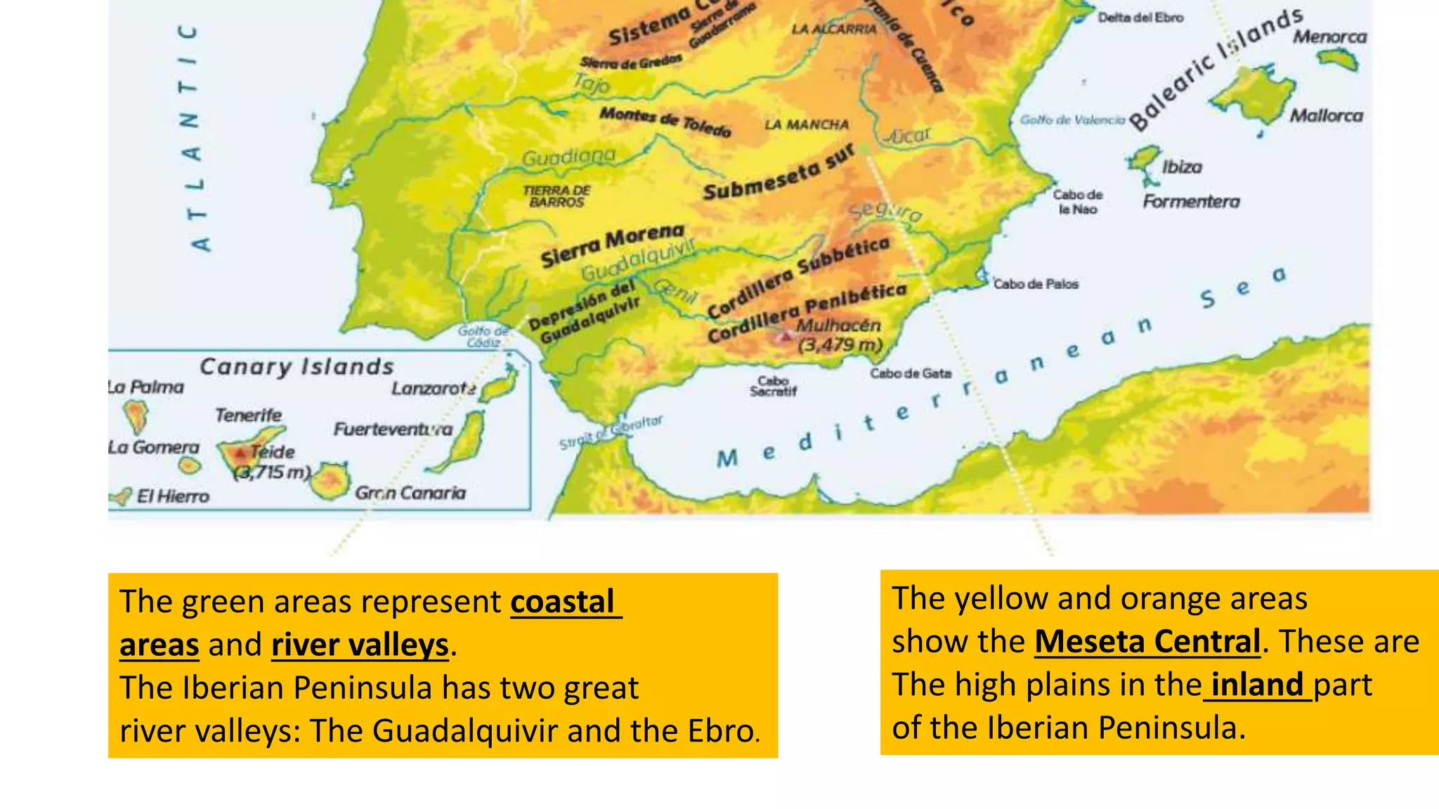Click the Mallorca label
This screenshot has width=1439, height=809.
1325,116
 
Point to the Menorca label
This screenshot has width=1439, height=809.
1329,37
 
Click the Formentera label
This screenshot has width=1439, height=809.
1190,202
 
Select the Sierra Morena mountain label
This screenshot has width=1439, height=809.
611,245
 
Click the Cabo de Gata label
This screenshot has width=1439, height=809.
910,374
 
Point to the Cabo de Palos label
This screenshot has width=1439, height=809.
1035,284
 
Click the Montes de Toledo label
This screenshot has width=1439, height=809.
665,121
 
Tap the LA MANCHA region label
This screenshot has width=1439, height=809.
806,125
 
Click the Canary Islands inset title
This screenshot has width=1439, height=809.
297,367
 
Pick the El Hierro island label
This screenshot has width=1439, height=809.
173,497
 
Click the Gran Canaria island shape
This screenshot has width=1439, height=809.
330,481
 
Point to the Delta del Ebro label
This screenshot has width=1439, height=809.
1140,18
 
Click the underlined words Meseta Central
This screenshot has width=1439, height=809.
1147,642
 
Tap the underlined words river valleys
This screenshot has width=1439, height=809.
360,645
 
